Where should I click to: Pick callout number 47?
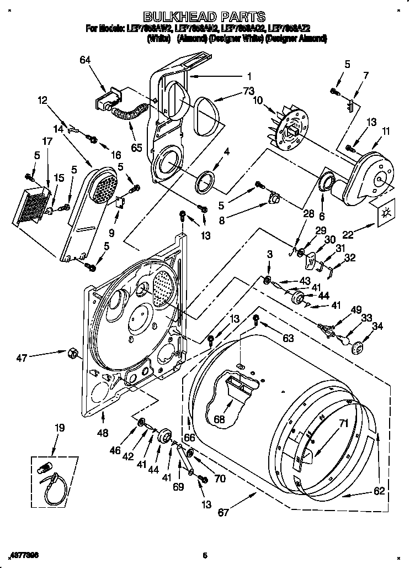[x=22, y=359]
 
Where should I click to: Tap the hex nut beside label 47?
[x=71, y=352]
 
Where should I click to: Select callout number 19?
[x=59, y=428]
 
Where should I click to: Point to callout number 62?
[x=379, y=491]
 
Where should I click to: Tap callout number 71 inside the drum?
[x=343, y=424]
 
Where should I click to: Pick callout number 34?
[x=377, y=326]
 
